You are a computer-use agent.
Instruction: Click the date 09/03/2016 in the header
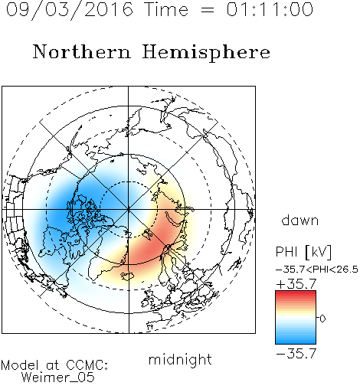70,10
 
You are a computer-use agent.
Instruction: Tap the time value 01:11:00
270,9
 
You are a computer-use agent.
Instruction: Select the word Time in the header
166,9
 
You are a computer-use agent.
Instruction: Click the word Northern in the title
82,52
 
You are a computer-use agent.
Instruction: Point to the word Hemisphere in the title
206,53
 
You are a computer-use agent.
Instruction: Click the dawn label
300,221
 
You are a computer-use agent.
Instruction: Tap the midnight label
180,359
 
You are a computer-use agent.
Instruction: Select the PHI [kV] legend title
303,252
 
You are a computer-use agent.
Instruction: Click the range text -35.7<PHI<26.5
317,270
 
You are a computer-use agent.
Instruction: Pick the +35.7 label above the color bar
296,284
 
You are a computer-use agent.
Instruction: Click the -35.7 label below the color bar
296,354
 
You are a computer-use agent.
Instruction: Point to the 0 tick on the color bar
322,319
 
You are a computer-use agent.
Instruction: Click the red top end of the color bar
296,293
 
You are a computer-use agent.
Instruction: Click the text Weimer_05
58,378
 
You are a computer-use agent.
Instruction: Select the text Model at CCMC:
54,365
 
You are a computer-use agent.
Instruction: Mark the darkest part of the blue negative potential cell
61,208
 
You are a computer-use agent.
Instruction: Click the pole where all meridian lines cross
129,209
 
